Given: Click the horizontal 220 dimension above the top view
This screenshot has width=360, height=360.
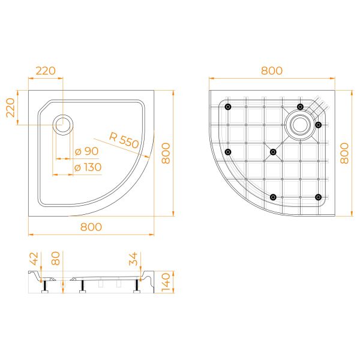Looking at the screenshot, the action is (46, 71).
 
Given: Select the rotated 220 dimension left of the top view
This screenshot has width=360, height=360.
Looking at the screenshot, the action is (11, 107).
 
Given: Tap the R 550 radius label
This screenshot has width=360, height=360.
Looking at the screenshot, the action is (124, 140).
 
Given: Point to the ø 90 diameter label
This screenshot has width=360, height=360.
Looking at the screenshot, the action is (86, 151).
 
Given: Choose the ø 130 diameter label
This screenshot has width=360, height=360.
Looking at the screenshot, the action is (88, 167).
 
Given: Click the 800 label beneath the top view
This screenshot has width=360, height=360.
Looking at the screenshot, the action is (91, 227).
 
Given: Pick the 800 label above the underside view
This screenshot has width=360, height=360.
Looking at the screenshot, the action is (272, 71).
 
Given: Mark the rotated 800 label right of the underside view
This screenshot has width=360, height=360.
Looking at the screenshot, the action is (344, 153).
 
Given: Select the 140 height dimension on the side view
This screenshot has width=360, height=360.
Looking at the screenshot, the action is (166, 282).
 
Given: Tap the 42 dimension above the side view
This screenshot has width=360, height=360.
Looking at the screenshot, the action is (34, 259).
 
